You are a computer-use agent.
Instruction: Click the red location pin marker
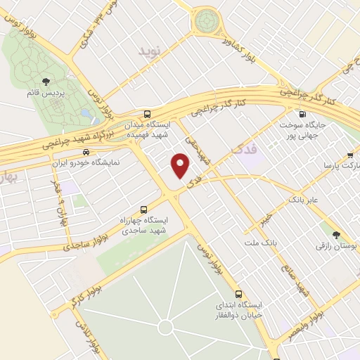[181, 166]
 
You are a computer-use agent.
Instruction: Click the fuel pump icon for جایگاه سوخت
[302, 114]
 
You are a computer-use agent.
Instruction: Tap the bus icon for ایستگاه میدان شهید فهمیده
[147, 114]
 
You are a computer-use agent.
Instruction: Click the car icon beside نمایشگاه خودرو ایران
[85, 151]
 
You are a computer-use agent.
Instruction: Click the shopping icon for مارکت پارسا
[351, 155]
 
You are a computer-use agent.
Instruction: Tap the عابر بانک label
[303, 200]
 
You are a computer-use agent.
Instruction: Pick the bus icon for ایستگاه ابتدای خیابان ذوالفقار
[238, 294]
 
